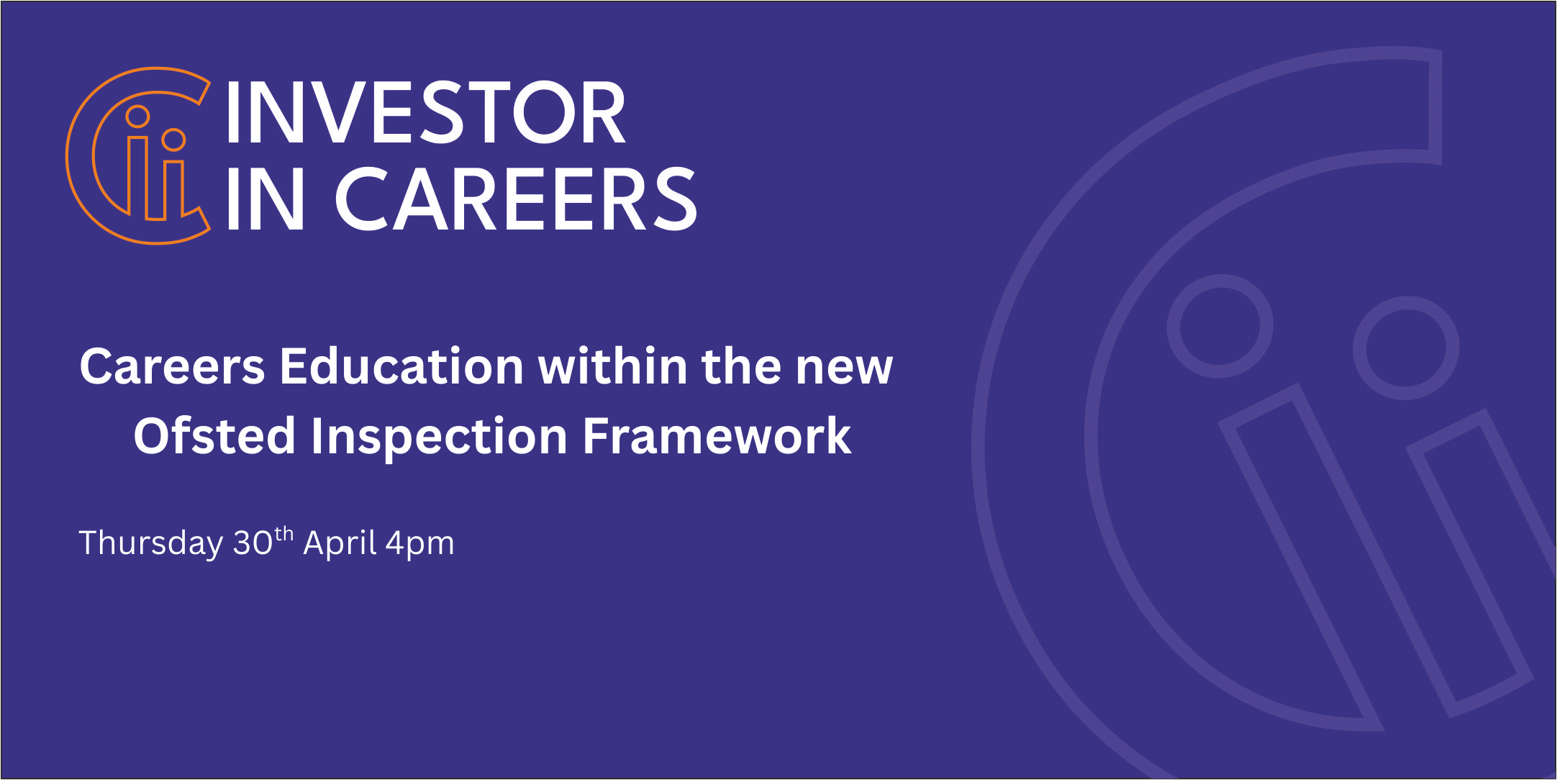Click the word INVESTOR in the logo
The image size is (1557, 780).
click(425, 112)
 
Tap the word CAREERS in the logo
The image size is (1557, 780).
click(515, 199)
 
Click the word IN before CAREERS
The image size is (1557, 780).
click(264, 199)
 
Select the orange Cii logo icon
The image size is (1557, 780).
click(138, 156)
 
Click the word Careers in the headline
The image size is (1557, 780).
click(173, 366)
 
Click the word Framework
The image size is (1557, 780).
click(717, 436)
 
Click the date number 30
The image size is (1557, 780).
click(253, 543)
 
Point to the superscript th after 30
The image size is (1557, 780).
click(284, 535)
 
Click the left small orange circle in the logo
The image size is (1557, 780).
click(137, 106)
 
